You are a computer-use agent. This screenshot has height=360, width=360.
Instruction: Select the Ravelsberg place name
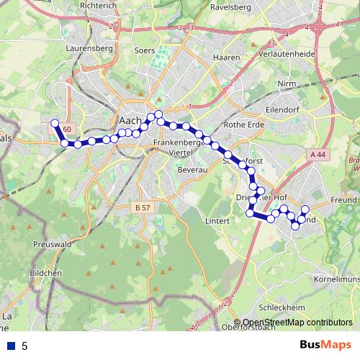click(x=230, y=7)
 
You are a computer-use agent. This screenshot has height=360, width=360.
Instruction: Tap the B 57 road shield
click(x=143, y=207)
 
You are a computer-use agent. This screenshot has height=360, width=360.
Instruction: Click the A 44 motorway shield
click(x=318, y=155)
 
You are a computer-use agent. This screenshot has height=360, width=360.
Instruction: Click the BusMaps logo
click(x=326, y=346)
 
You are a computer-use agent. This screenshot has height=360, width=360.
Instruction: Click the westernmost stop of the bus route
click(x=55, y=123)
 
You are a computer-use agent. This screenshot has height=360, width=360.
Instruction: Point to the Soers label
click(x=144, y=51)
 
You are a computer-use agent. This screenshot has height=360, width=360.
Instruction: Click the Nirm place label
click(x=287, y=84)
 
